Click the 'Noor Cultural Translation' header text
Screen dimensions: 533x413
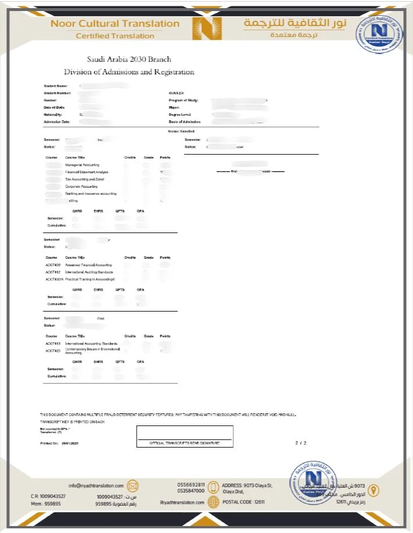[x=115, y=24]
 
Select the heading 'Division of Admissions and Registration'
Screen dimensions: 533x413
[x=129, y=72]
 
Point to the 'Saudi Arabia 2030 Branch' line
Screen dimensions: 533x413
[x=129, y=59]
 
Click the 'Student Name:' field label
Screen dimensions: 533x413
[x=55, y=86]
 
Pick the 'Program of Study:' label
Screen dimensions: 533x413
[x=183, y=101]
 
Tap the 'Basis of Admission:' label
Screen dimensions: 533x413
[x=184, y=122]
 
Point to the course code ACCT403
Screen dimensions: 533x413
[x=52, y=265]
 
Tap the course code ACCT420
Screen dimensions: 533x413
[x=52, y=350]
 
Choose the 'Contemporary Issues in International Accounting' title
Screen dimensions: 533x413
[x=92, y=351]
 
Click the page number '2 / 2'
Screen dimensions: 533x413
[x=300, y=443]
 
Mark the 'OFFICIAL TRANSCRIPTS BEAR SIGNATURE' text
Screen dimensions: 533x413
[x=184, y=443]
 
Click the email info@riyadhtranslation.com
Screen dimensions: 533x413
[x=96, y=486]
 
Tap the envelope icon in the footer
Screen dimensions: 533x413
[x=133, y=486]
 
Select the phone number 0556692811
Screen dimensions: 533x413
[x=191, y=484]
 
